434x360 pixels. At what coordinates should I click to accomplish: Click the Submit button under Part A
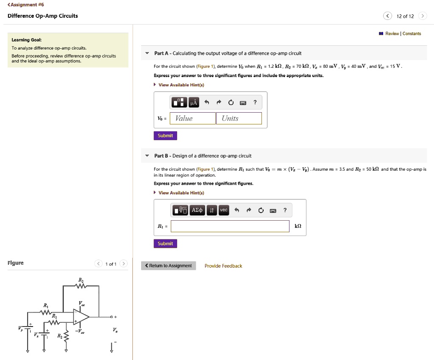[165, 136]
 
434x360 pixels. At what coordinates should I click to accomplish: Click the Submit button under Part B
[165, 244]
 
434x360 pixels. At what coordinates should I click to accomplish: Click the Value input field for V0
[193, 118]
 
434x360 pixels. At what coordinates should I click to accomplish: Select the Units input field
[239, 118]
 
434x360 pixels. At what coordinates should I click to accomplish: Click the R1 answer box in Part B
[230, 226]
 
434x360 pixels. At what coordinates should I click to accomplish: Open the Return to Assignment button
[168, 266]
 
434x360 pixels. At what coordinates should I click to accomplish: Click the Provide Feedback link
[223, 266]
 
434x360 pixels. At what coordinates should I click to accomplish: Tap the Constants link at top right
[412, 33]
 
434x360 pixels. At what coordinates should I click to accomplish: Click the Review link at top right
[392, 33]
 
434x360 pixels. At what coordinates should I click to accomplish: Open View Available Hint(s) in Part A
[181, 85]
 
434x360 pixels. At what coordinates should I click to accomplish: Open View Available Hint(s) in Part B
[181, 193]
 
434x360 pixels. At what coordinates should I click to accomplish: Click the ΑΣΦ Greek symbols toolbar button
[198, 210]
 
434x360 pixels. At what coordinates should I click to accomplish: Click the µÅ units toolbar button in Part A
[194, 102]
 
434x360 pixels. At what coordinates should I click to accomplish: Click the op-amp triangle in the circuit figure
[81, 316]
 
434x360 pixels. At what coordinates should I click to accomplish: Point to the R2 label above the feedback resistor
[81, 280]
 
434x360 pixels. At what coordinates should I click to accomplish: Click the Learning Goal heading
[26, 40]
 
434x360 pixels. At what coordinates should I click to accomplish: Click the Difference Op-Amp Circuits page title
[43, 16]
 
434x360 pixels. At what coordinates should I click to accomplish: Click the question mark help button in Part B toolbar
[285, 210]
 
